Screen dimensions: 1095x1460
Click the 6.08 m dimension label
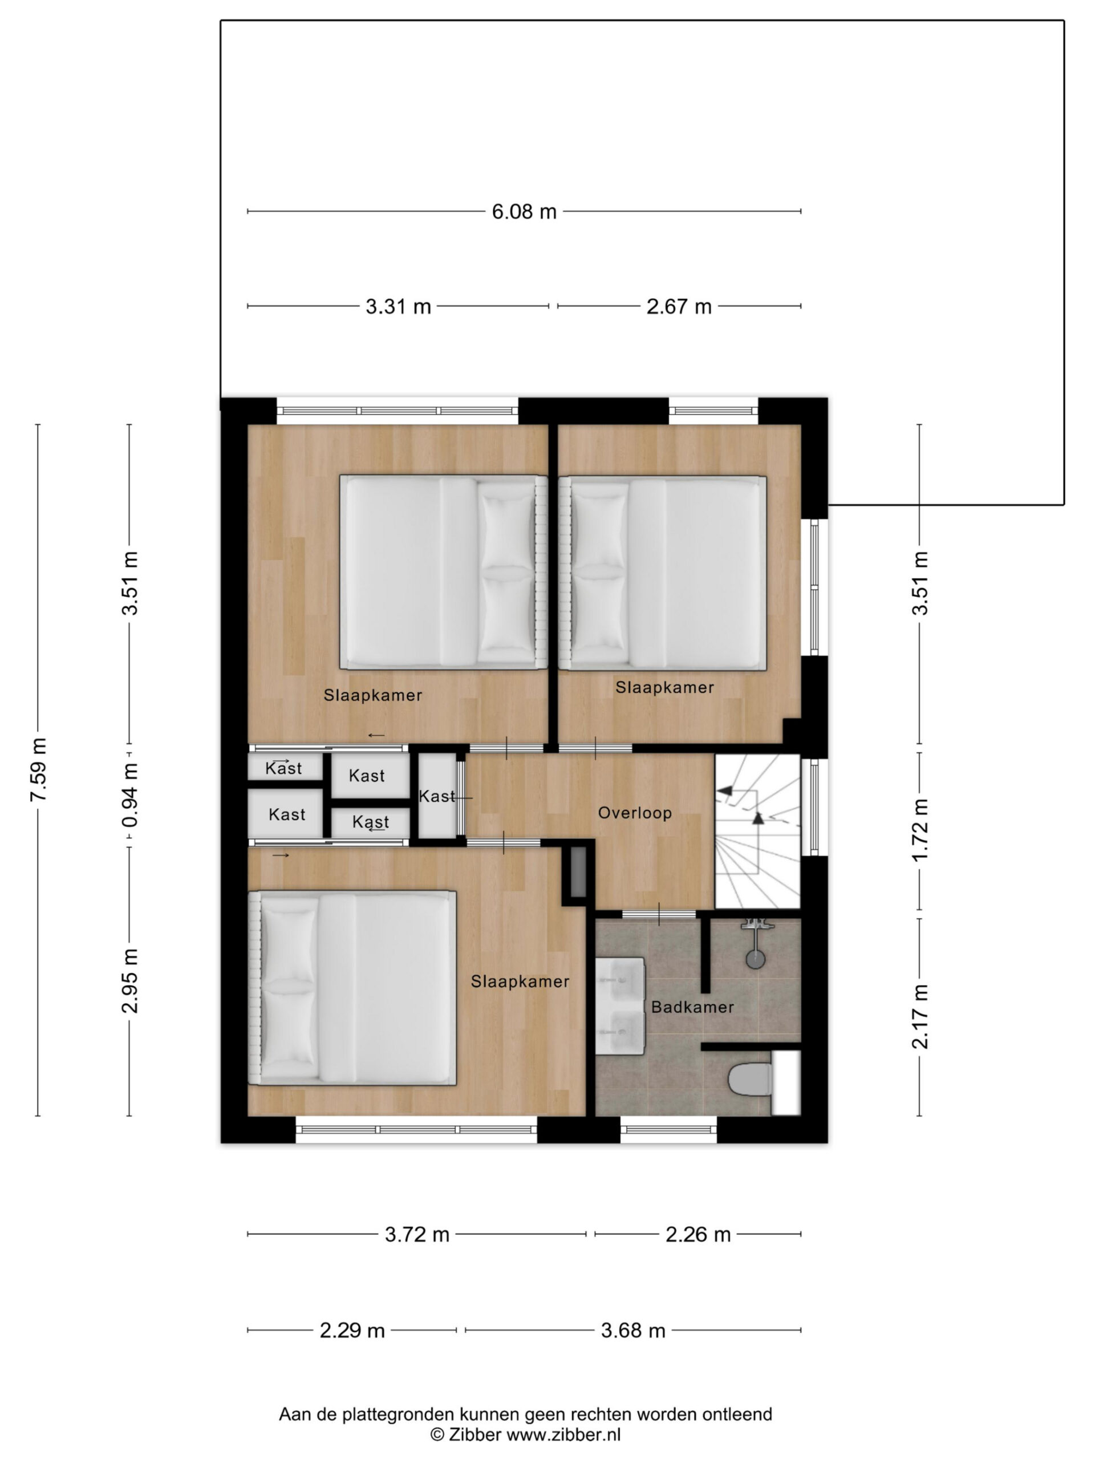tap(524, 212)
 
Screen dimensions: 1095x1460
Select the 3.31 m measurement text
tap(398, 307)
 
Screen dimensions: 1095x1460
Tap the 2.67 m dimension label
tap(679, 307)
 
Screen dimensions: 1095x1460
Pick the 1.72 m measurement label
tap(920, 830)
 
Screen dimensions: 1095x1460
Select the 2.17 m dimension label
tap(920, 1016)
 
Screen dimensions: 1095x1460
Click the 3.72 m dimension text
tap(417, 1234)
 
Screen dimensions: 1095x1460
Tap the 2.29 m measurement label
tap(352, 1331)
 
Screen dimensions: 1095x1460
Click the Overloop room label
tap(635, 813)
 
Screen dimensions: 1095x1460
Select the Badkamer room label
tap(692, 1007)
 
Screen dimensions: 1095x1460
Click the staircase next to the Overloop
tap(758, 832)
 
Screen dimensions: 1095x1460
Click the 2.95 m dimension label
tap(130, 981)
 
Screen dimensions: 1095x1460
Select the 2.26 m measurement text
tap(697, 1234)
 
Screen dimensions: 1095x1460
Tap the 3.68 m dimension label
tap(633, 1331)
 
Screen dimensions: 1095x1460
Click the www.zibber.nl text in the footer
tap(563, 1434)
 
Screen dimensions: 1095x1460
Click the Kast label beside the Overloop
tap(437, 797)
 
